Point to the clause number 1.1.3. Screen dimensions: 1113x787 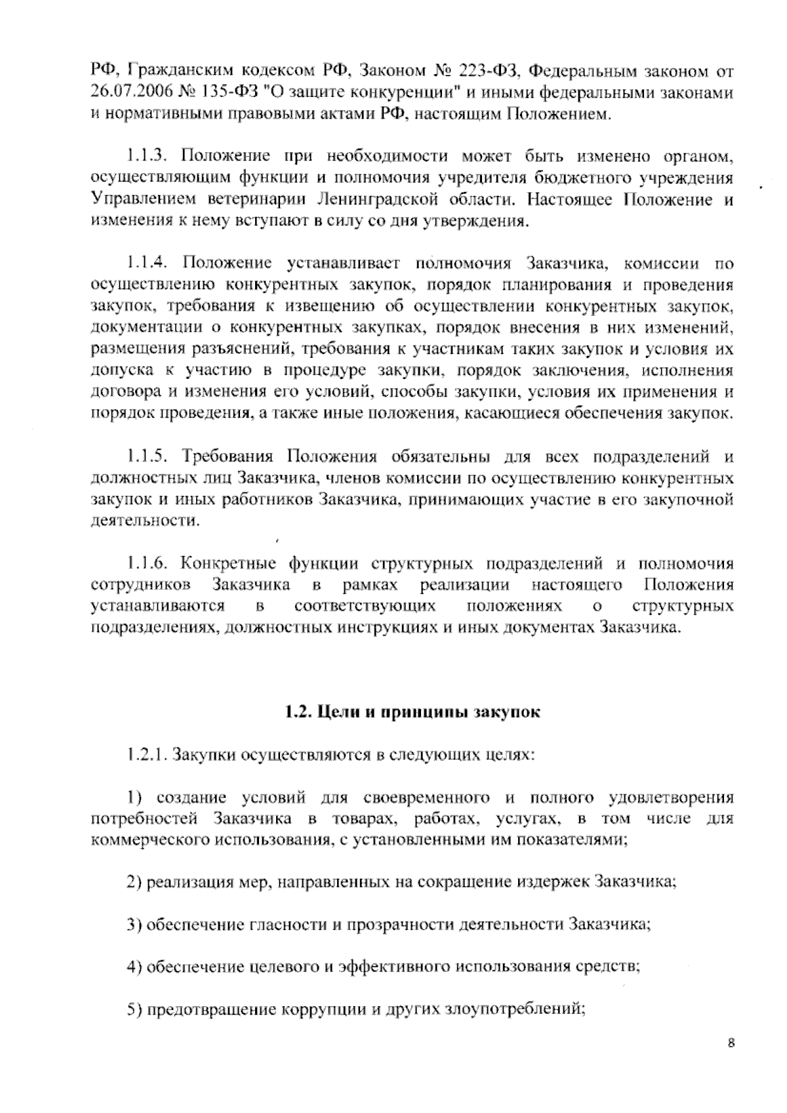[148, 156]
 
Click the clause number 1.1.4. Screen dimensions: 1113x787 [148, 264]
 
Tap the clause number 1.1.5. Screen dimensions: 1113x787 [148, 456]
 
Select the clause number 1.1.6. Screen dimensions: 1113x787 [148, 564]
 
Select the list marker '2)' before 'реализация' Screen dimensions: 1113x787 [135, 882]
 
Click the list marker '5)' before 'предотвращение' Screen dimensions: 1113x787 [135, 1009]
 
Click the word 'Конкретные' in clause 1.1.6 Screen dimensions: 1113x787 [226, 564]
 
